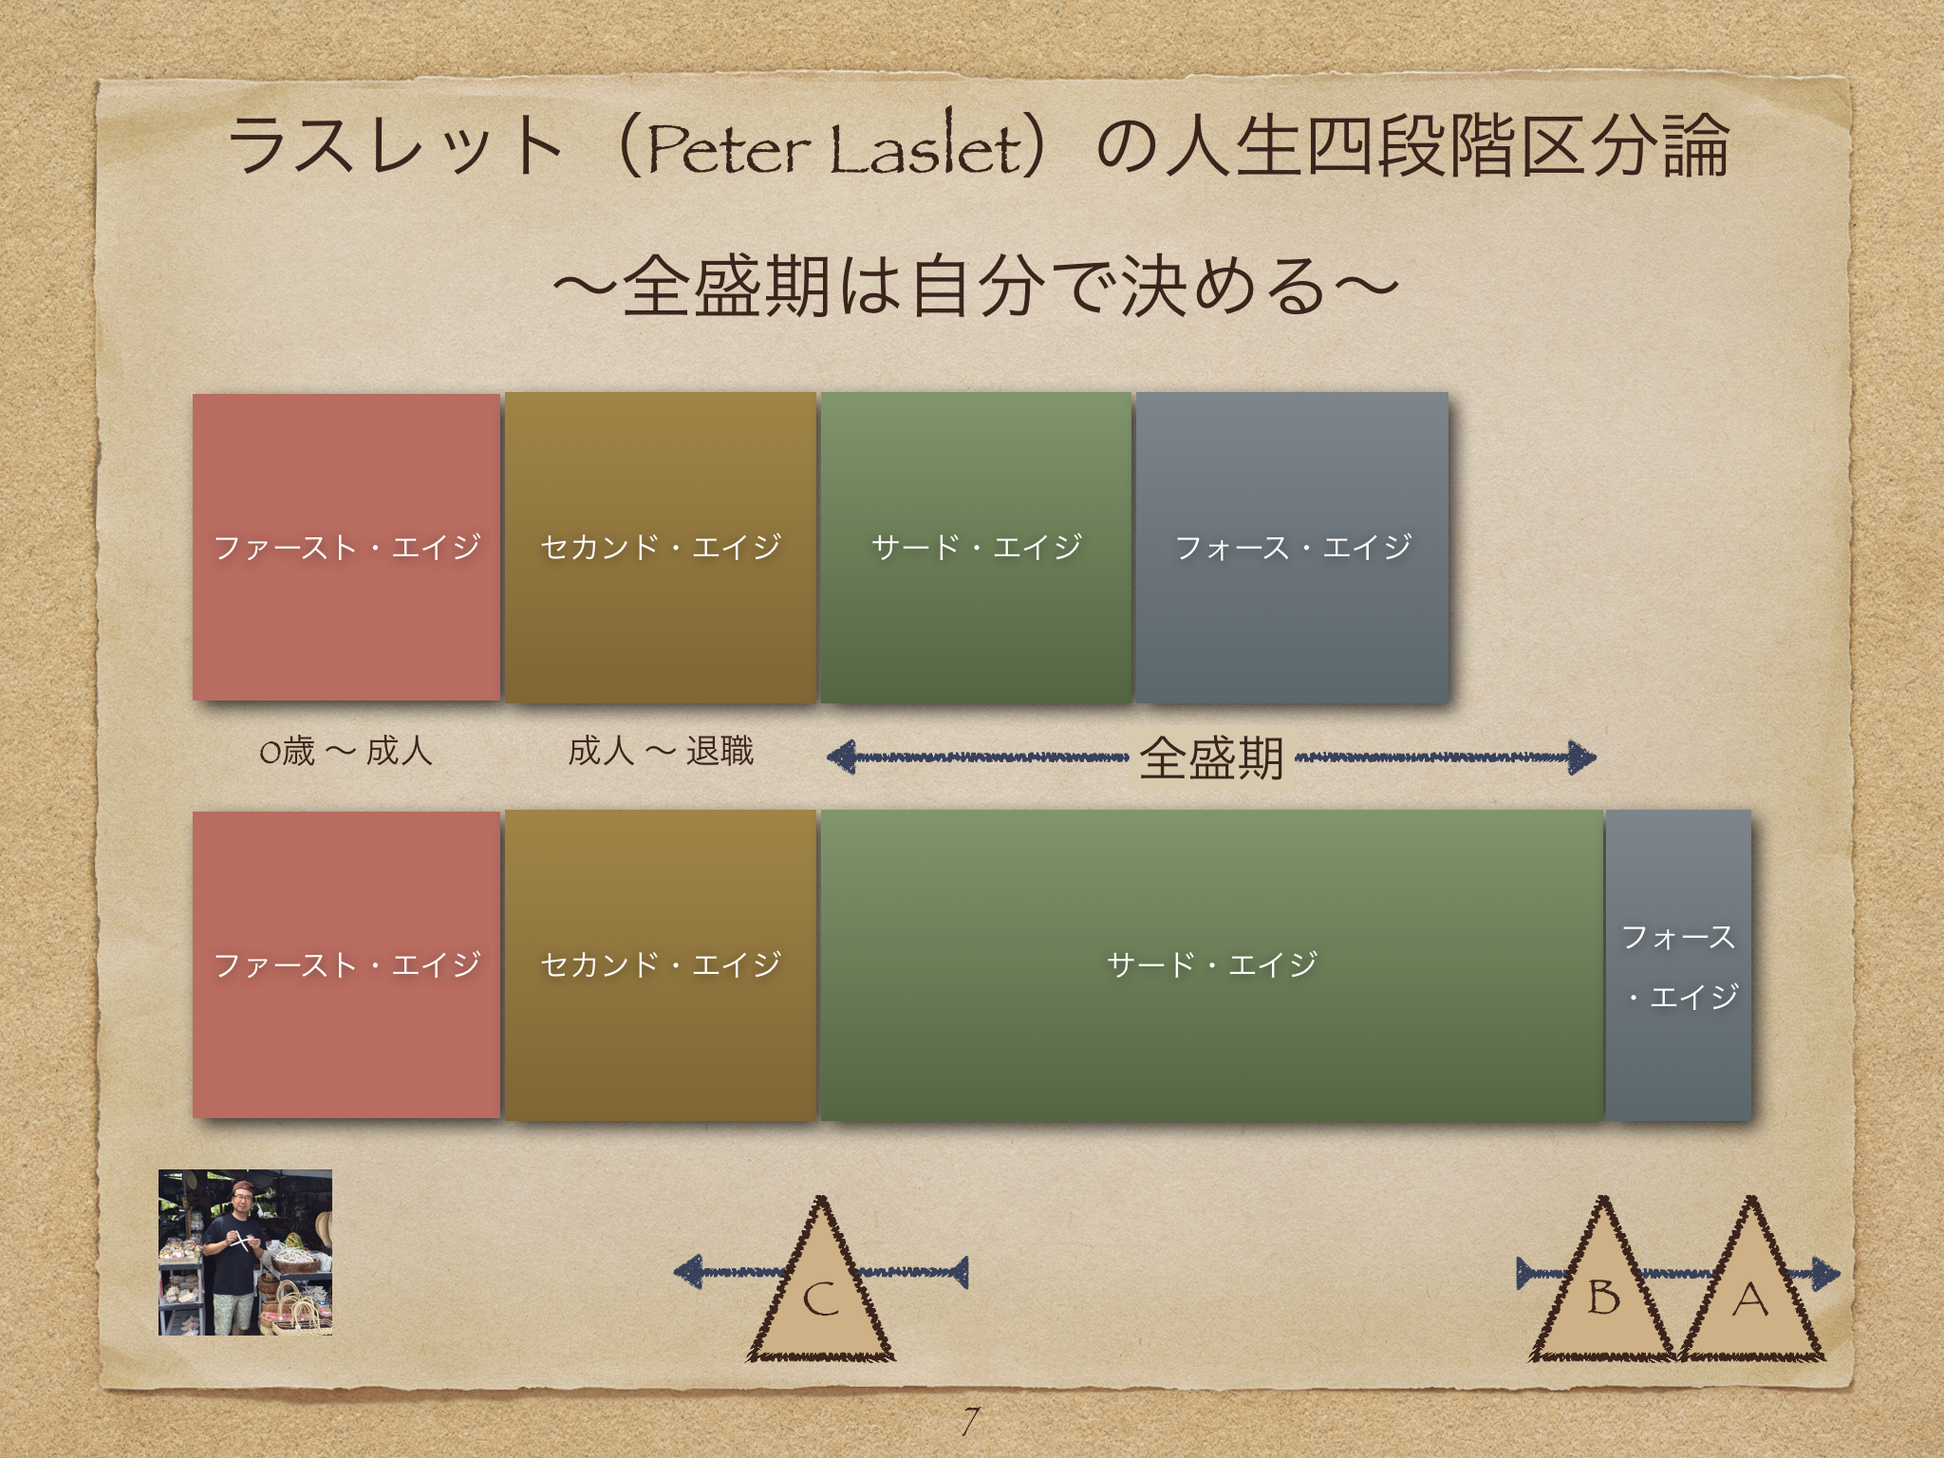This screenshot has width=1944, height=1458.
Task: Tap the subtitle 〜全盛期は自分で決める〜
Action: pos(976,286)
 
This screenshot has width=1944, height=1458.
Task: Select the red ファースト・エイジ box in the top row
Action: pos(346,548)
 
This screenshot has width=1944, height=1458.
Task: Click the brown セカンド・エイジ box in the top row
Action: pos(661,548)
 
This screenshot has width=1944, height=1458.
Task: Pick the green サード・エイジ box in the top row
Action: pos(976,548)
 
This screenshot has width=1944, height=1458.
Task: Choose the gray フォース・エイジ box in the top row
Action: pos(1292,548)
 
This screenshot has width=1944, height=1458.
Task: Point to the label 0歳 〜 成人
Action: pos(346,752)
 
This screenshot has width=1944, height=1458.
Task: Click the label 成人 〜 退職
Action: pos(661,752)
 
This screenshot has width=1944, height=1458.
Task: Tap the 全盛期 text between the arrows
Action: pos(1211,758)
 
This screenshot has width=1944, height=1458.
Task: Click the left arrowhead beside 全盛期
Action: pos(842,757)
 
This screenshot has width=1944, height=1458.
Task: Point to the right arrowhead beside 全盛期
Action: pos(1581,757)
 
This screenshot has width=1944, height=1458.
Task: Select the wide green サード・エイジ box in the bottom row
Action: pos(1212,965)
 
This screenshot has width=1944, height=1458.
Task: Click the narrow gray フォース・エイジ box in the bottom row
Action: pos(1678,965)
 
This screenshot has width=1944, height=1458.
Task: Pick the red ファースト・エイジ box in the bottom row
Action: pos(346,965)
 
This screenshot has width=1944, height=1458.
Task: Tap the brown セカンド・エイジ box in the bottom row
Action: pos(661,965)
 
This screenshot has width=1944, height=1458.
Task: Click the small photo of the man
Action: pos(245,1252)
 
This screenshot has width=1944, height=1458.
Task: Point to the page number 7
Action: pos(969,1421)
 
